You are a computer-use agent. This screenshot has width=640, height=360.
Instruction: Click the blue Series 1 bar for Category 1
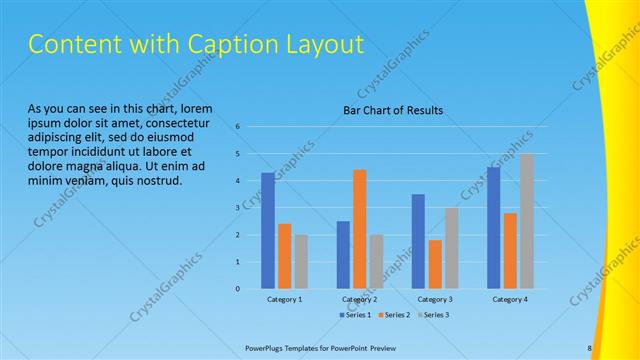point(268,231)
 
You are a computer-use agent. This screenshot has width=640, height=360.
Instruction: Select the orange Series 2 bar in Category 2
point(359,229)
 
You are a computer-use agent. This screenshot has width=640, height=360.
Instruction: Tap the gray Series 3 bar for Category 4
point(526,221)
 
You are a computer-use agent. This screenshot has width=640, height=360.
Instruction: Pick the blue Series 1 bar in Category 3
point(418,241)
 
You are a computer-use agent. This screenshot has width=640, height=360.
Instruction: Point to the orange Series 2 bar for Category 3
point(434,264)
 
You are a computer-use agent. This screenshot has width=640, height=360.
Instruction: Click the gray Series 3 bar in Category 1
point(301,261)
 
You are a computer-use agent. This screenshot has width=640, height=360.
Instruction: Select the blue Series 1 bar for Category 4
point(493,228)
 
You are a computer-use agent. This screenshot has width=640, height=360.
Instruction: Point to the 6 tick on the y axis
point(238,127)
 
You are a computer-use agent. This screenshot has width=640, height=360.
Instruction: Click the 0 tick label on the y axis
point(238,289)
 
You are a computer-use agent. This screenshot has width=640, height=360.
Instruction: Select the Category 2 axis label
point(359,299)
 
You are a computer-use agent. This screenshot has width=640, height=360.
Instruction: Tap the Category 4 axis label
point(510,299)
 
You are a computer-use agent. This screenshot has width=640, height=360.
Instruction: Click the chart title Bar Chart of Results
point(393,110)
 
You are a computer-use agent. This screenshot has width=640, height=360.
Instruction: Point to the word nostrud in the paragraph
point(158,181)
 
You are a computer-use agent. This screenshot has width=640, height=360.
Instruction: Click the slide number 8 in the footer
point(590,348)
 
